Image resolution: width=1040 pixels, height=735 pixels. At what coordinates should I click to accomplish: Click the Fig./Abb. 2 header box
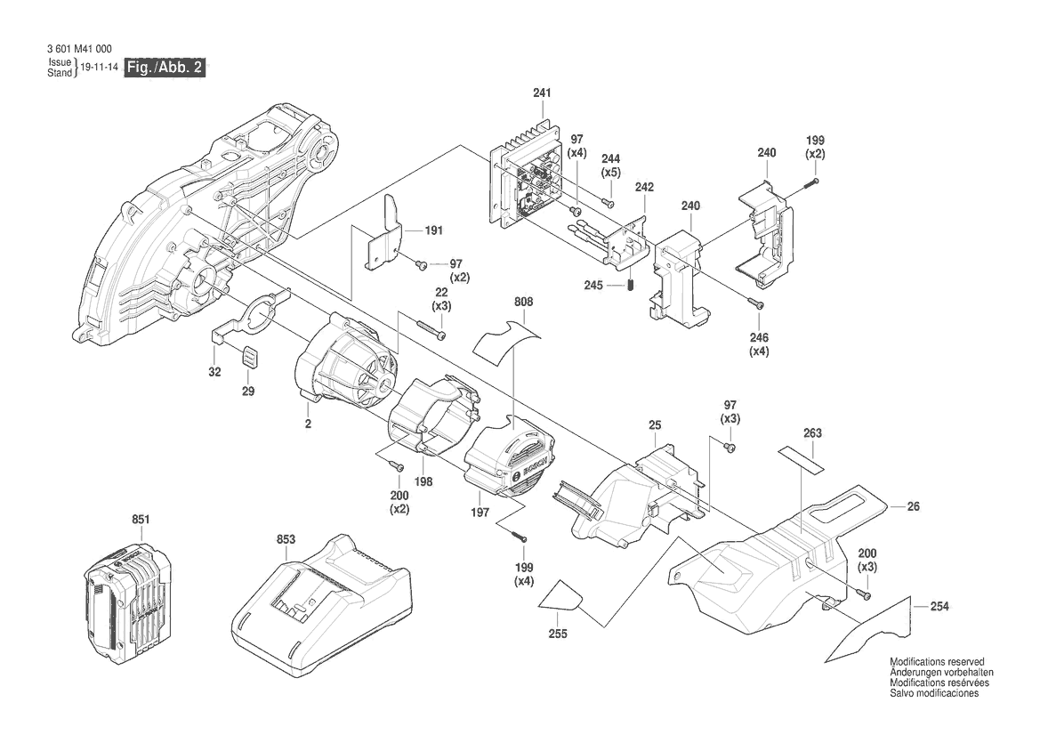point(165,68)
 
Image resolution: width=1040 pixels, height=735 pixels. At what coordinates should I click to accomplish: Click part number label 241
point(542,93)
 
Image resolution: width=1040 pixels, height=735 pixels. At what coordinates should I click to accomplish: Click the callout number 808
point(524,303)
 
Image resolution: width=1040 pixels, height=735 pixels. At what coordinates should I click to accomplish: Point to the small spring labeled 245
point(631,287)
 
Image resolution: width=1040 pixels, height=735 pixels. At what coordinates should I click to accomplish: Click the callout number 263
point(811,433)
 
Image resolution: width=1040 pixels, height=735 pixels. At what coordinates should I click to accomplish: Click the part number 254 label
point(939,607)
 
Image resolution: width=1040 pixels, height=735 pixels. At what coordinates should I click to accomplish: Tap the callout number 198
point(424,481)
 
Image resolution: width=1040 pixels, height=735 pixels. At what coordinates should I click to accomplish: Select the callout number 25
point(655,426)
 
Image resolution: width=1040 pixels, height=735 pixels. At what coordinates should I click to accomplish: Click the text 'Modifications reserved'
point(937,663)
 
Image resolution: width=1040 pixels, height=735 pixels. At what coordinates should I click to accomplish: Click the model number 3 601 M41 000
point(80,49)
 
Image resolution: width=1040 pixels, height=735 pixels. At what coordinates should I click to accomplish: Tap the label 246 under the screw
point(758,338)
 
